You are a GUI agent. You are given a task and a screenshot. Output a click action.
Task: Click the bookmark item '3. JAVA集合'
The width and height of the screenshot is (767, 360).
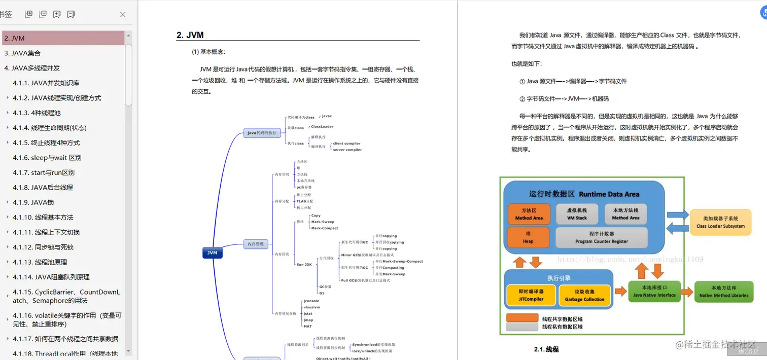(22, 53)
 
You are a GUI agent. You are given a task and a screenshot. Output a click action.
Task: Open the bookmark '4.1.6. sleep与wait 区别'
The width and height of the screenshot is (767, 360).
(47, 158)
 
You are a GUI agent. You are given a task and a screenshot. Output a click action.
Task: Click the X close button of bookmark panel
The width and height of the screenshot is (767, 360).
(123, 15)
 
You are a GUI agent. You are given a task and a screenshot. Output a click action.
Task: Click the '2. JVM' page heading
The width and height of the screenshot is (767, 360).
(190, 35)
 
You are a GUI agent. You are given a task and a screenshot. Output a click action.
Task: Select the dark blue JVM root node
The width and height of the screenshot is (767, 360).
(213, 253)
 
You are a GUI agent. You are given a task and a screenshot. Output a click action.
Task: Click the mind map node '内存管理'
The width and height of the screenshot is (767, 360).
(255, 244)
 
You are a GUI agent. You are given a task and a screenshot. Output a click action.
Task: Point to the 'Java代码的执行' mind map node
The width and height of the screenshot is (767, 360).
(262, 133)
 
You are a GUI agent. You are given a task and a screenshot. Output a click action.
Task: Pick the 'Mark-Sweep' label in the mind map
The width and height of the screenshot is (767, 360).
(323, 222)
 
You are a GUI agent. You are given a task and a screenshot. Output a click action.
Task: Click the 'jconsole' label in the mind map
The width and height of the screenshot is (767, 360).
(311, 301)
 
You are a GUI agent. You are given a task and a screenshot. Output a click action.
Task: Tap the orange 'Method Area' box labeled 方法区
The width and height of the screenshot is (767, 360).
(529, 214)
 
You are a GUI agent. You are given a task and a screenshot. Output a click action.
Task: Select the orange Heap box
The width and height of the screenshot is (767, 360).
(529, 237)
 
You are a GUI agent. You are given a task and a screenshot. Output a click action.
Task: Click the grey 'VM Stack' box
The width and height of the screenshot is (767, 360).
(577, 214)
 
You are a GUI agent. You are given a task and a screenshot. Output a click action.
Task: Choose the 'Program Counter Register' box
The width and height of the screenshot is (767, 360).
(602, 237)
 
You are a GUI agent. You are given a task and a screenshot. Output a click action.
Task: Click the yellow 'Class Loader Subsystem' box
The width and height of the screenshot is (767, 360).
(720, 222)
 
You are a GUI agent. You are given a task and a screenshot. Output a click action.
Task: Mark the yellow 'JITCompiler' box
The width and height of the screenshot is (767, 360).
(531, 295)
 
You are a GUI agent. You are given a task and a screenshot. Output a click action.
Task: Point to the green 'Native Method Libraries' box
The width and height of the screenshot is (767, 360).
(723, 292)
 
